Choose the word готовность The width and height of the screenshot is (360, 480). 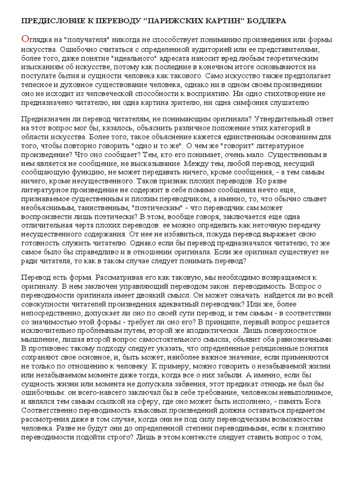(41, 245)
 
